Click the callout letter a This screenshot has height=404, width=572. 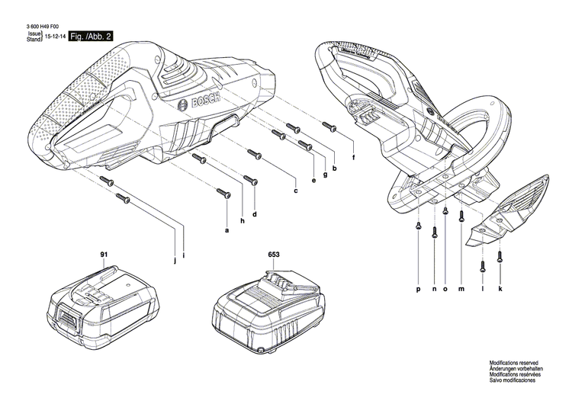tap(226, 229)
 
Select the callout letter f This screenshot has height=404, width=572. tap(353, 158)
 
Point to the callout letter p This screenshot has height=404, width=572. tap(419, 290)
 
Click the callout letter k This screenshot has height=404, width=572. tap(500, 290)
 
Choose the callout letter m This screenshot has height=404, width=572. tap(461, 290)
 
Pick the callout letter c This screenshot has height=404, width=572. tap(295, 190)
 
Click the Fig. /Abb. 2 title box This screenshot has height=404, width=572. tap(90, 37)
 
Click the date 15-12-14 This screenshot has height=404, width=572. tap(54, 37)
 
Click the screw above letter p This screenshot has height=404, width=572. tap(419, 226)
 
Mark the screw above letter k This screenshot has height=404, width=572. tap(500, 257)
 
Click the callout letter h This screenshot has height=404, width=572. tap(242, 221)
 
